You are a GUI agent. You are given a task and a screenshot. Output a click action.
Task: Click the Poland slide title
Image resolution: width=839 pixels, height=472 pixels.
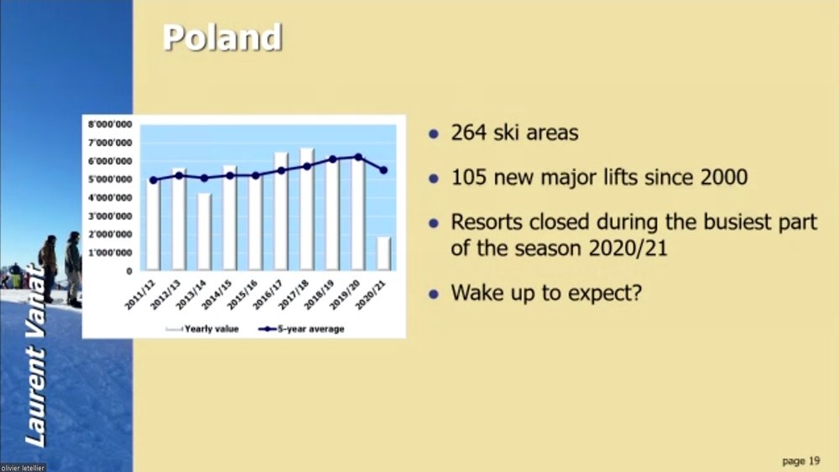(x=222, y=38)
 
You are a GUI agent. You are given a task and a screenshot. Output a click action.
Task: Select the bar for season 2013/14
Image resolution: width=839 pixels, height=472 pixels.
(x=205, y=231)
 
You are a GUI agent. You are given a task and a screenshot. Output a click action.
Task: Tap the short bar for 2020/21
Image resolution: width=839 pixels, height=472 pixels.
(x=383, y=253)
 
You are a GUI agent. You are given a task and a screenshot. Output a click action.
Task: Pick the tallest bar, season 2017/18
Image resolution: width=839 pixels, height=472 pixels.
(x=306, y=209)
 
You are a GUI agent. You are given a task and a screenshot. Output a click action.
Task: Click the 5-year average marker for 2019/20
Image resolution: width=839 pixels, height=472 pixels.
(x=358, y=157)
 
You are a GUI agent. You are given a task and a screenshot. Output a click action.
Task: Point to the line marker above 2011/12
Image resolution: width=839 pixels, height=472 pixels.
(x=154, y=180)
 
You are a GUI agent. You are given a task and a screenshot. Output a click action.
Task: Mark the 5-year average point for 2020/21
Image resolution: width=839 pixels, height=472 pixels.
(x=383, y=170)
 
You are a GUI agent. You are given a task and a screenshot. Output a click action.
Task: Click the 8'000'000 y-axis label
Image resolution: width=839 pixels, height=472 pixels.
(x=110, y=124)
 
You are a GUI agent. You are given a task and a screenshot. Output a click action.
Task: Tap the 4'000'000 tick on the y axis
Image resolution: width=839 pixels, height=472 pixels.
(x=110, y=198)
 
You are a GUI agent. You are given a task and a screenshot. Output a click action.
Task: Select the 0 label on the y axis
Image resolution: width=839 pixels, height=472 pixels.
(x=129, y=271)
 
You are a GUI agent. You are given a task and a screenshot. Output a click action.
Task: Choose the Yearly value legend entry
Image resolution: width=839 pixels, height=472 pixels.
(x=202, y=329)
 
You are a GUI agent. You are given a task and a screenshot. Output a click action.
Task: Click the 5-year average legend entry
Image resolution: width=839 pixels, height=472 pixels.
(x=301, y=329)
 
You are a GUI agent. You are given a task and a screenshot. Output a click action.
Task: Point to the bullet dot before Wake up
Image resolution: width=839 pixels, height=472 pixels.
(x=434, y=293)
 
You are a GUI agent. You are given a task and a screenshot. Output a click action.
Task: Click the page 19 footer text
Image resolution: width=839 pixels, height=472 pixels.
(x=801, y=461)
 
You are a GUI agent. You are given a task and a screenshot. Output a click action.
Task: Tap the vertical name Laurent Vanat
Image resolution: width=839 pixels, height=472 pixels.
(x=36, y=355)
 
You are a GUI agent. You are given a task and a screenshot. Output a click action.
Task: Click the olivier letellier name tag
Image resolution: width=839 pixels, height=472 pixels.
(x=23, y=468)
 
